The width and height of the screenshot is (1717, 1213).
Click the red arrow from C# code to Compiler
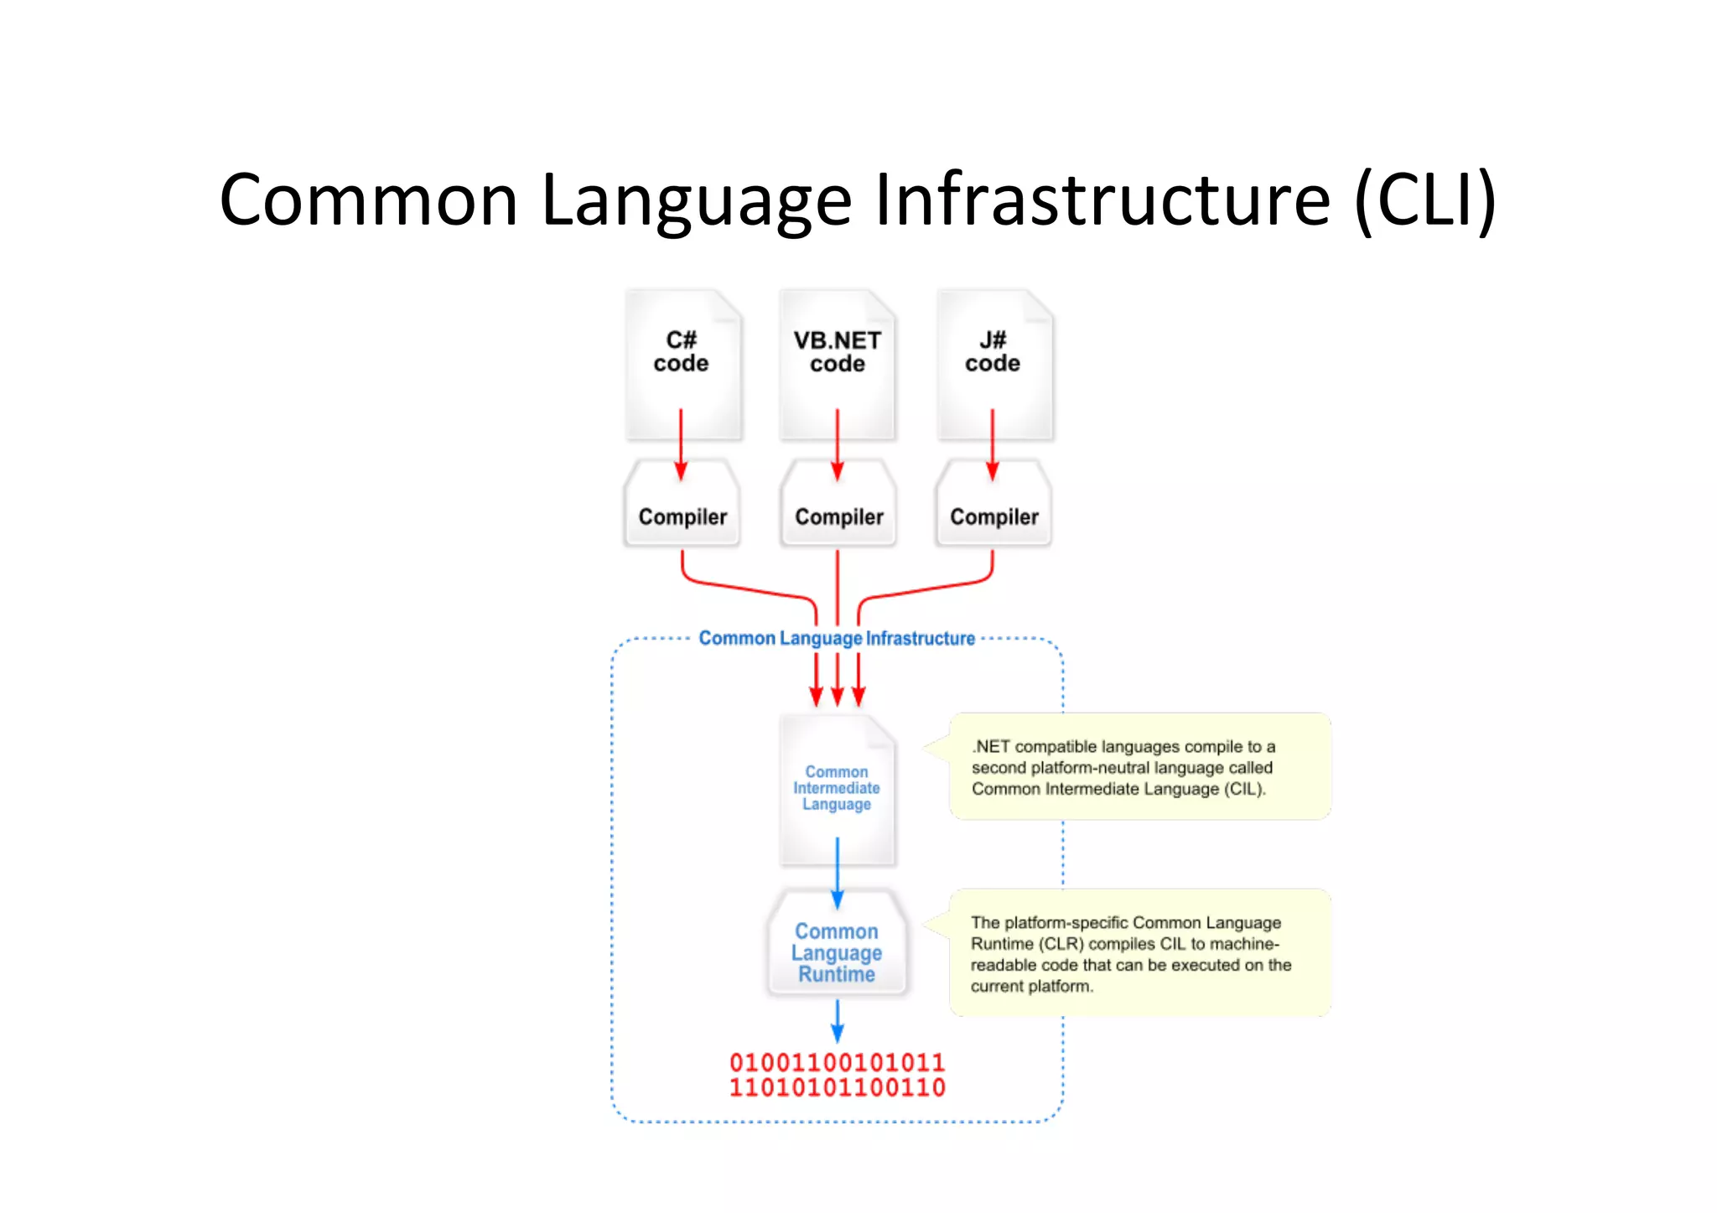point(681,444)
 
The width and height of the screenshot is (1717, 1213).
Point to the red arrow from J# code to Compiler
point(993,444)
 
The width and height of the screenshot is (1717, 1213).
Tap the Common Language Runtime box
point(837,952)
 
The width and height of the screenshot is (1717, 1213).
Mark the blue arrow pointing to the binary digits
point(837,1020)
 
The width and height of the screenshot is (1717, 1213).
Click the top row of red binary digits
point(837,1063)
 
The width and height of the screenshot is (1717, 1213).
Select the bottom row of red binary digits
point(837,1088)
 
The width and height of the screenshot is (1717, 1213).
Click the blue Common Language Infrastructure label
point(837,639)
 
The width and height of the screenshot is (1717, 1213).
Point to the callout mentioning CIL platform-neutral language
point(1139,767)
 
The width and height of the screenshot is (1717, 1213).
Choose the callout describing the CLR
point(1139,953)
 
